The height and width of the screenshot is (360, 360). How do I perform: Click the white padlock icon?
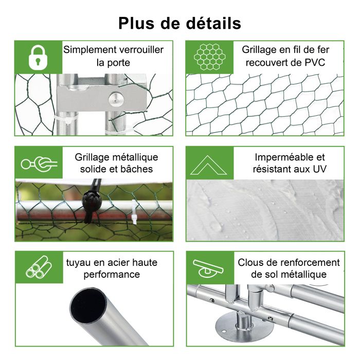pos(38,57)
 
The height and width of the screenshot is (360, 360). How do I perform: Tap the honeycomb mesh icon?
pos(209,57)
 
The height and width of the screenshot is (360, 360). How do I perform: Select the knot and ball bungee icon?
pos(39,164)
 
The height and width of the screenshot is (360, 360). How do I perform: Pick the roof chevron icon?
pos(208,165)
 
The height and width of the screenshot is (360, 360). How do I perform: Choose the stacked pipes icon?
pos(39,267)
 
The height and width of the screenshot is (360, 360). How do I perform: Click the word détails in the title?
pos(213,23)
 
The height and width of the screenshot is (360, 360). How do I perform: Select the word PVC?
pos(315,62)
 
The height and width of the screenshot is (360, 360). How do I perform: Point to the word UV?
pos(319,169)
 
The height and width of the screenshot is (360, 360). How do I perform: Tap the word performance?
pos(112,274)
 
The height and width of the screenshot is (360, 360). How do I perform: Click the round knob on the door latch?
pos(116,100)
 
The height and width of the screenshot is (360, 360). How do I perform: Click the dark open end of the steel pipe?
pos(88,304)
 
